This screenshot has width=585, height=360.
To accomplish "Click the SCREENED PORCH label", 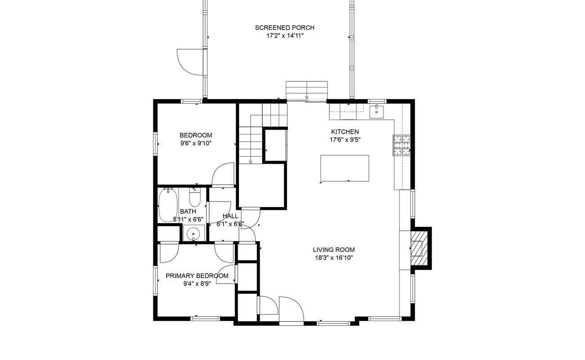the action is click(284, 27).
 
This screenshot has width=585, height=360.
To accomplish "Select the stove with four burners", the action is click(401, 145).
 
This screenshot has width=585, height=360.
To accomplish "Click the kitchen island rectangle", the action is click(345, 168).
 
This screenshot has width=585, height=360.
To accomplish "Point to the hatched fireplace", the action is click(419, 248).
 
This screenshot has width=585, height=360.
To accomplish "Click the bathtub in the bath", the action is click(168, 205).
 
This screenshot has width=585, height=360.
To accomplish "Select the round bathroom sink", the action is click(193, 233).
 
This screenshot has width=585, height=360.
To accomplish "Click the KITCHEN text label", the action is click(345, 132).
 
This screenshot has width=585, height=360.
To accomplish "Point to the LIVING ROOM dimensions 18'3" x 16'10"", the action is click(334, 258).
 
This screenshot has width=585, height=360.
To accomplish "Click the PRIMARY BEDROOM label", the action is click(197, 275).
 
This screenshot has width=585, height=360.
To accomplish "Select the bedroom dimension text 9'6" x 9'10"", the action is click(196, 143).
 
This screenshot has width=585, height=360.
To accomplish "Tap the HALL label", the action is click(230, 216).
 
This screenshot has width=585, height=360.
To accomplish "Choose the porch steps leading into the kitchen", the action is click(306, 90).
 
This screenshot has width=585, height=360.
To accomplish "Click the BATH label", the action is click(188, 211).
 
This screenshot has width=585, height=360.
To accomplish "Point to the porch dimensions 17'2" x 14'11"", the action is click(285, 36).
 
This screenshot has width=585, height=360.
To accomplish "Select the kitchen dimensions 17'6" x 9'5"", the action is click(345, 140).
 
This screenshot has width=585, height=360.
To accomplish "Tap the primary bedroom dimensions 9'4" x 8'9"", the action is click(197, 283).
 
